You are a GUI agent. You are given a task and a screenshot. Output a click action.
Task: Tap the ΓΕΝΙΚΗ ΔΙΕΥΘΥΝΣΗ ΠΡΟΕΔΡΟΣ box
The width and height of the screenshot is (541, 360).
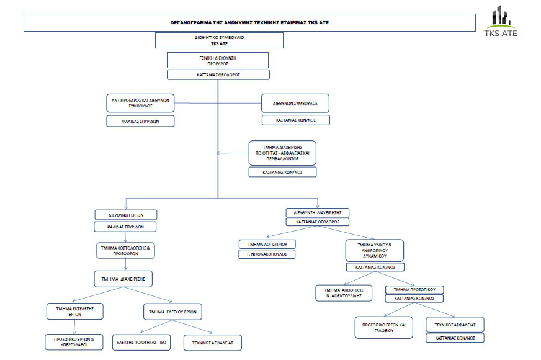[217, 60]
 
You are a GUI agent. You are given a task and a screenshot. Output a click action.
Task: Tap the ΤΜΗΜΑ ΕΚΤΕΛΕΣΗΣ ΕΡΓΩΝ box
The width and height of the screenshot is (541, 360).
[74, 311]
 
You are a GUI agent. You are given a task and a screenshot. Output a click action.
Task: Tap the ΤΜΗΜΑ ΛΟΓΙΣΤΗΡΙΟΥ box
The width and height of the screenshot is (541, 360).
[267, 244]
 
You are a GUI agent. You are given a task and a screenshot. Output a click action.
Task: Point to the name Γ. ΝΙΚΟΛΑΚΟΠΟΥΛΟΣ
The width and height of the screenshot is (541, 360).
[267, 254]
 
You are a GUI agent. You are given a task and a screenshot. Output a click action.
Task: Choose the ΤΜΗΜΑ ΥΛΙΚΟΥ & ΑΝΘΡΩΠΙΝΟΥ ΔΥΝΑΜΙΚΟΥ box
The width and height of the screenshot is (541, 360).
[375, 250]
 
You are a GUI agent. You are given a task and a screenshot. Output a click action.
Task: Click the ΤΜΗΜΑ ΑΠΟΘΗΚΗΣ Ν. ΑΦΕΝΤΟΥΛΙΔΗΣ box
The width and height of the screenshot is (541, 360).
[344, 293]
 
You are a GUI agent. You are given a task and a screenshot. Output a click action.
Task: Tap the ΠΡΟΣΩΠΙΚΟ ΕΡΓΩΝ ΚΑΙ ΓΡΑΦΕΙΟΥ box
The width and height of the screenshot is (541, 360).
[383, 328]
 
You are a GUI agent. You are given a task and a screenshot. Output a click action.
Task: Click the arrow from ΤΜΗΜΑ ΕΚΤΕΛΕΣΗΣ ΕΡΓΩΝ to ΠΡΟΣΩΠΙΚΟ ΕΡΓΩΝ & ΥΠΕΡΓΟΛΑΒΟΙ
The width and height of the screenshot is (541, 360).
[75, 326]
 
